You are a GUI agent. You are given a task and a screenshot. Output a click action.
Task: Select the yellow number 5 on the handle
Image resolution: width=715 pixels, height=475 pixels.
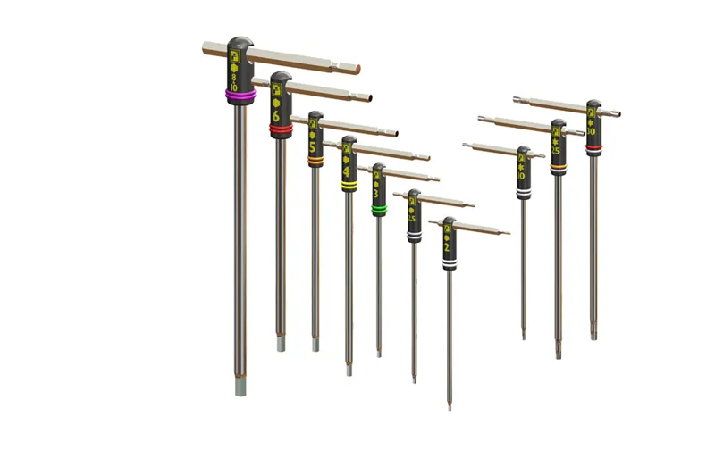[313, 146]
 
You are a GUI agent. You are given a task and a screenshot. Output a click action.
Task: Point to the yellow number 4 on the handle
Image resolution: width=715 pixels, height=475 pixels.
[347, 170]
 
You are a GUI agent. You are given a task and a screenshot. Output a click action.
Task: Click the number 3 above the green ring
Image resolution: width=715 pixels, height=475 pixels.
[378, 193]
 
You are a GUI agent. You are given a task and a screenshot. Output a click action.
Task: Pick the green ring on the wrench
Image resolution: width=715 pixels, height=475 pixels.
[378, 210]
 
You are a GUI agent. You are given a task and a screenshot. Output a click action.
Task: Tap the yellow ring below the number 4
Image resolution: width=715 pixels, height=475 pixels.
[348, 187]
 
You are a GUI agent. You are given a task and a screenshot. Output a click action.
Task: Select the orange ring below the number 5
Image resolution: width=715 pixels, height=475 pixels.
[315, 161]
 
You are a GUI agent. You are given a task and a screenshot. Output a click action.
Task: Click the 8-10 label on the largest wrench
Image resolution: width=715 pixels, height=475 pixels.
[234, 83]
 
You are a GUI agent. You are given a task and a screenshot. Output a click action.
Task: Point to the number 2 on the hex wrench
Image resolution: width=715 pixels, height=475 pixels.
[448, 247]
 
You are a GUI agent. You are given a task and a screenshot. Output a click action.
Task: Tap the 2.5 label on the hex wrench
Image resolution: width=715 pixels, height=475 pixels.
[412, 219]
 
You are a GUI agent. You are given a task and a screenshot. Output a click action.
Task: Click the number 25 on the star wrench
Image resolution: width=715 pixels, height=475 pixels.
[557, 151]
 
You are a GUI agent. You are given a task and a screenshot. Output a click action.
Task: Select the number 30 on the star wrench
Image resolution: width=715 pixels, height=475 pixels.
[592, 131]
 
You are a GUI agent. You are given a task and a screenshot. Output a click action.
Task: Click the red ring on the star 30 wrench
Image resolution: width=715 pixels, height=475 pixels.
[593, 146]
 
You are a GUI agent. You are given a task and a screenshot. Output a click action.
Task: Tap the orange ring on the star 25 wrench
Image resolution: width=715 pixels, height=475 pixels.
[558, 165]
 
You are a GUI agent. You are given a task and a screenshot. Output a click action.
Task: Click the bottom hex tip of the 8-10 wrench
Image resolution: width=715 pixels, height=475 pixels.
[240, 387]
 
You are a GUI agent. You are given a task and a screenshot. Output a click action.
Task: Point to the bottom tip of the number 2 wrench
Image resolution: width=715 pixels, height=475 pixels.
[450, 406]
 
